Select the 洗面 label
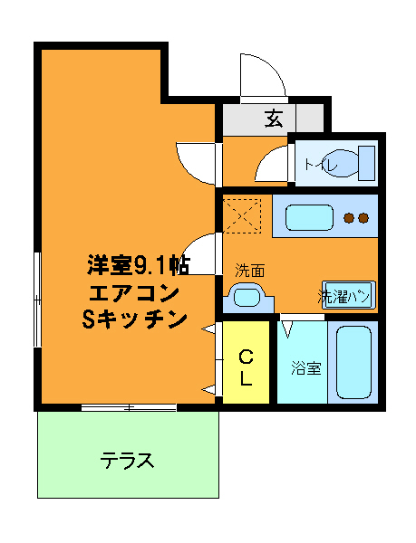click(x=249, y=270)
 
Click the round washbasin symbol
click(x=245, y=296)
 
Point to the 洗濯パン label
click(x=343, y=295)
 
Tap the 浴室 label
click(x=306, y=368)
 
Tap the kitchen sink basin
click(x=308, y=218)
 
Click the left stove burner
click(x=348, y=217)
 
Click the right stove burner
click(x=363, y=217)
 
